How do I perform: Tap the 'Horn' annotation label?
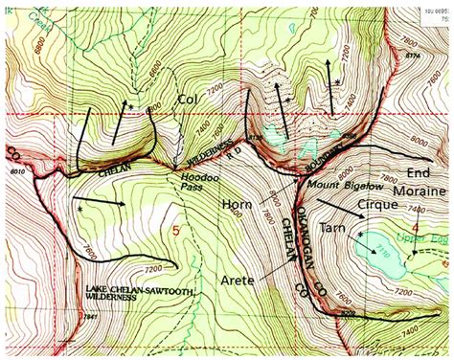pyautogui.click(x=238, y=205)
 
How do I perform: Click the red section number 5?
pyautogui.click(x=175, y=232)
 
